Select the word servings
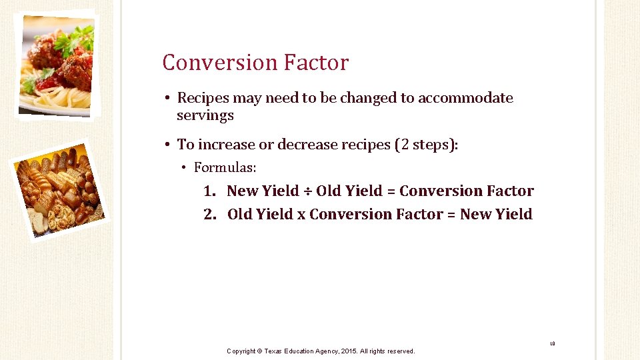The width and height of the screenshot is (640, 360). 205,115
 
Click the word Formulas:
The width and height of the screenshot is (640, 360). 225,167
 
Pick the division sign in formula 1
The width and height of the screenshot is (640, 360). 307,191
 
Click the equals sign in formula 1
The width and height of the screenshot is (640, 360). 391,191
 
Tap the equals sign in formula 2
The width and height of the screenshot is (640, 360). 451,215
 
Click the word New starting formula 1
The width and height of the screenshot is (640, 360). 243,191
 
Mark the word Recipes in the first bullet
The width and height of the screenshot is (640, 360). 203,98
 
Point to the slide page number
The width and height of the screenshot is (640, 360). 553,344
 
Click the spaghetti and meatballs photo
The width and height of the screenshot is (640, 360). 56,65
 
